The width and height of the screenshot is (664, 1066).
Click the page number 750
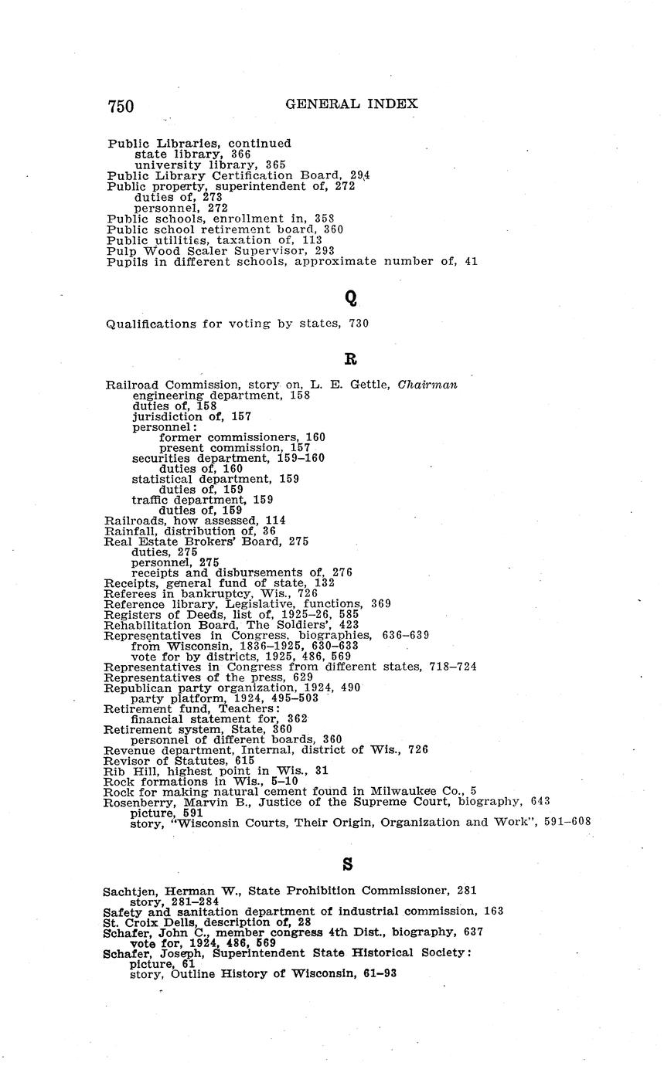pos(121,106)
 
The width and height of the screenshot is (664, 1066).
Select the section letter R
pos(349,358)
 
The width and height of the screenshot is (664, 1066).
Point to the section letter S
pos(347,865)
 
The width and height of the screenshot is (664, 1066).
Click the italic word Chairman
pos(427,385)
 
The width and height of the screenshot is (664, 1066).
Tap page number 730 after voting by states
pos(357,324)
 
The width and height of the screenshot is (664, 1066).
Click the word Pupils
pos(127,261)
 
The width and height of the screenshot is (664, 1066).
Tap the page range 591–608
pos(568,822)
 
